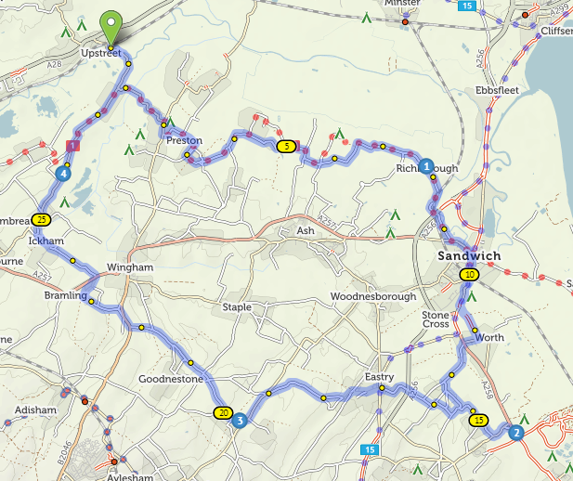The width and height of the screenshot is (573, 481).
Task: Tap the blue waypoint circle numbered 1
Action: [x=425, y=167]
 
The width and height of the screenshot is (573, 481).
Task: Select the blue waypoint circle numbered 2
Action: [x=516, y=431]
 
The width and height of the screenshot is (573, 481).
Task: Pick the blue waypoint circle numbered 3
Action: [x=240, y=421]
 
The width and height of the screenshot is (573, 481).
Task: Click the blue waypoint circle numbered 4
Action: [x=62, y=173]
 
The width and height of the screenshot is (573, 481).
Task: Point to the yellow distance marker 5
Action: [x=287, y=146]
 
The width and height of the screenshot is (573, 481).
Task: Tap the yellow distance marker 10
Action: [x=470, y=275]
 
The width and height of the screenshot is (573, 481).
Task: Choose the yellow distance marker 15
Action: [x=478, y=420]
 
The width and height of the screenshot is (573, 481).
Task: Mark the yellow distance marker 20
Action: [x=222, y=413]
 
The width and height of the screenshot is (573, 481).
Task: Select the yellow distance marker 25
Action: [x=40, y=220]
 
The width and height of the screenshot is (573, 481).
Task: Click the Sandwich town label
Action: [x=470, y=255]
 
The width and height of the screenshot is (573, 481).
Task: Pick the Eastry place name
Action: [x=379, y=377]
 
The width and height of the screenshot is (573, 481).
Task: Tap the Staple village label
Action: [x=237, y=307]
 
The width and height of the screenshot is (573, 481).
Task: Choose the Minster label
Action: [x=402, y=5]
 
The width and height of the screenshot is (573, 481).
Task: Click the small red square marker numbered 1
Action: [x=73, y=146]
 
